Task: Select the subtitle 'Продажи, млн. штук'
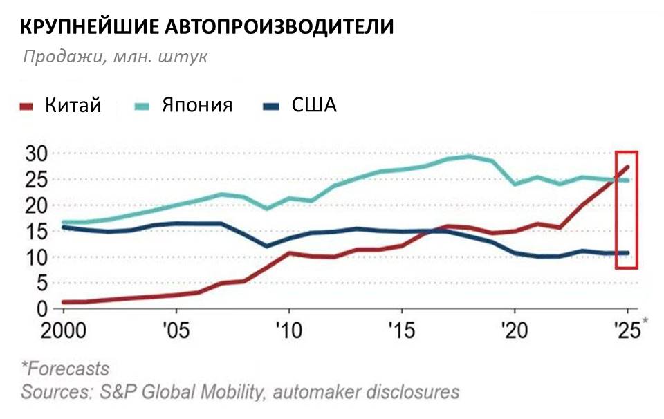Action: coord(115,57)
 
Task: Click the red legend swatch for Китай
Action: coord(26,106)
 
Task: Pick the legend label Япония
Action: coord(197,105)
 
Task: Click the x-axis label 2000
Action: coord(65,330)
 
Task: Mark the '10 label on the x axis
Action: coord(288,330)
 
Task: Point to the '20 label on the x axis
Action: coord(515,330)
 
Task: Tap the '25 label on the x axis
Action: coord(626,330)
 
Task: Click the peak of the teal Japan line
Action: coord(470,156)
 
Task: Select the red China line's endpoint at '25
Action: coord(627,166)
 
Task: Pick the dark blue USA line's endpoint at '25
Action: coord(627,253)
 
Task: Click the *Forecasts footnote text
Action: coord(65,368)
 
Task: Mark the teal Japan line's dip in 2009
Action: coord(267,208)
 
